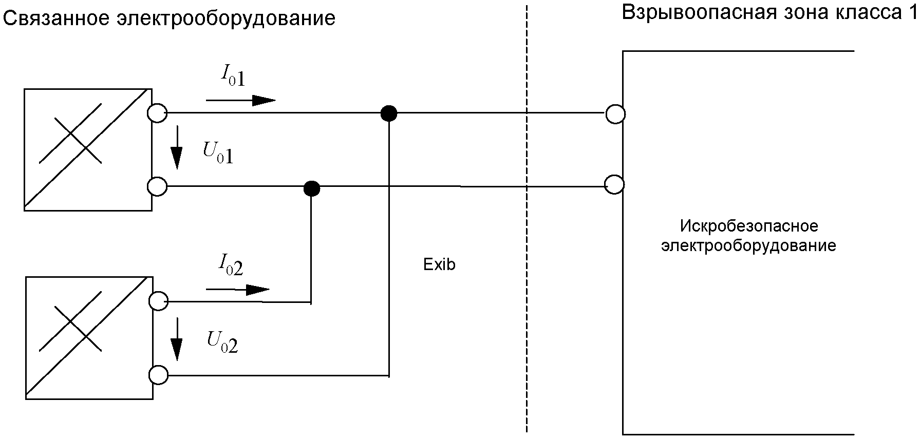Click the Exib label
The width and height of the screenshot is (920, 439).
pyautogui.click(x=439, y=264)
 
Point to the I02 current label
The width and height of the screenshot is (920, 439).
pyautogui.click(x=230, y=266)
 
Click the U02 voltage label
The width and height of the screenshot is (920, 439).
pyautogui.click(x=222, y=342)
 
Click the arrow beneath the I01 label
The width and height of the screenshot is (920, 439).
pyautogui.click(x=240, y=100)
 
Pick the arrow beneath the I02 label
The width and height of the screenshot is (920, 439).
pyautogui.click(x=237, y=290)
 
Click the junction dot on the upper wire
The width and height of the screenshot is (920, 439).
pyautogui.click(x=388, y=112)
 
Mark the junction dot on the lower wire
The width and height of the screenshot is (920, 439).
pyautogui.click(x=311, y=188)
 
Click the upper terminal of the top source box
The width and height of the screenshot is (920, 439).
pyautogui.click(x=157, y=112)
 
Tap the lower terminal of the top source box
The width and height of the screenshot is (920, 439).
pyautogui.click(x=157, y=186)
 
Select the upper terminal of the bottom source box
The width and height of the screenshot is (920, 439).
pyautogui.click(x=158, y=301)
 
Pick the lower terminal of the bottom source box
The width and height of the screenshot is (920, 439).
pyautogui.click(x=158, y=375)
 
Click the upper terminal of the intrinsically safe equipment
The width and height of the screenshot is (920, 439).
pyautogui.click(x=615, y=113)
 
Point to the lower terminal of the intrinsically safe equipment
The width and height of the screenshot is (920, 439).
pyautogui.click(x=615, y=184)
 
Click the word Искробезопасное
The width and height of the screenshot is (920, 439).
pyautogui.click(x=748, y=226)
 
